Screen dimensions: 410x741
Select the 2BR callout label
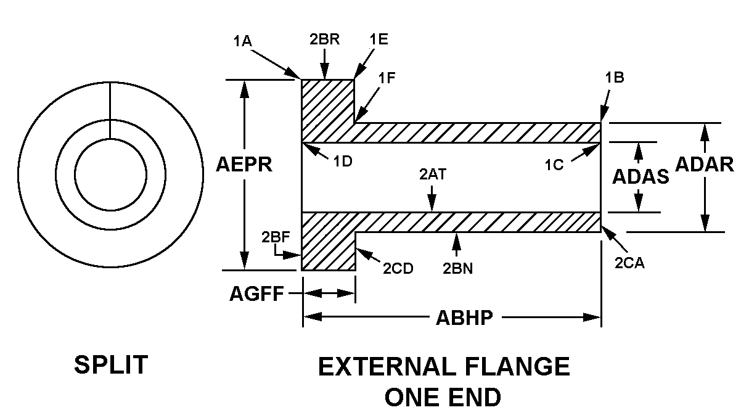click(x=324, y=38)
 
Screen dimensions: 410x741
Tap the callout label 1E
click(x=379, y=38)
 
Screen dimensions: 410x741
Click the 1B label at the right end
click(x=615, y=78)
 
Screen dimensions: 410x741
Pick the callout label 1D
click(x=343, y=162)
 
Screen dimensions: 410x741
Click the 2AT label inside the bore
click(x=433, y=174)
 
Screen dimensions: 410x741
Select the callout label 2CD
click(x=398, y=268)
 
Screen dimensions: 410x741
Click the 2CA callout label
click(x=630, y=263)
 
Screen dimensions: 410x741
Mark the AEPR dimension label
click(x=244, y=165)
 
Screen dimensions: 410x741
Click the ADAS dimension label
click(x=641, y=177)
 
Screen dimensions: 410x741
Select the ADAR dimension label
click(x=705, y=164)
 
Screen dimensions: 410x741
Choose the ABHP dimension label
click(x=464, y=318)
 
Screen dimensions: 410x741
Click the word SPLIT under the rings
click(x=111, y=365)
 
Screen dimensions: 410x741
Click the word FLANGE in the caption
click(x=517, y=367)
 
